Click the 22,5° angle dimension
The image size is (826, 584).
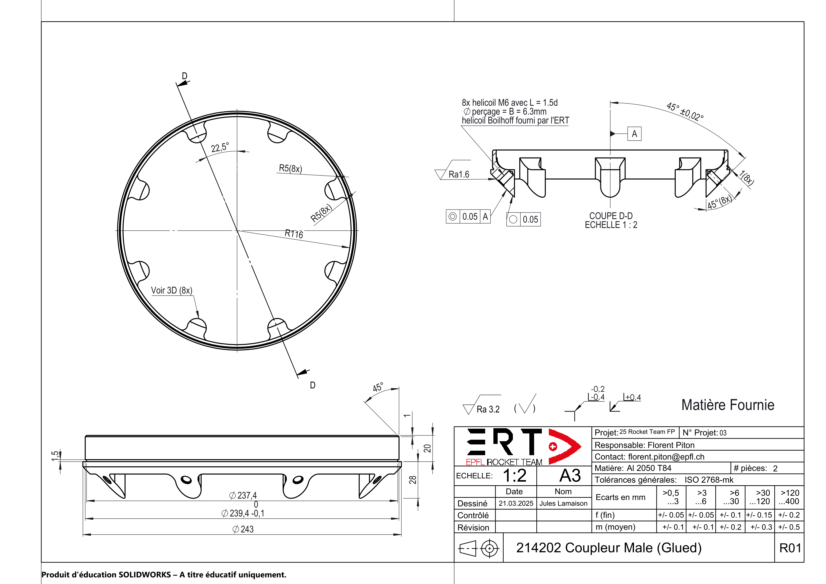pos(220,147)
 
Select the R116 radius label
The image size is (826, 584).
pos(294,234)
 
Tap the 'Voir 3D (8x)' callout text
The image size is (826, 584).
pos(172,290)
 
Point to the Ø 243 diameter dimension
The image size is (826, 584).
pos(243,529)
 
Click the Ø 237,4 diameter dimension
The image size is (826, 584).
pos(243,495)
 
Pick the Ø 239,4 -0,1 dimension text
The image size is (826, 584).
pos(243,513)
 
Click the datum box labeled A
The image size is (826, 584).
pos(634,134)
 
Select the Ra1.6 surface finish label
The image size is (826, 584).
pos(459,175)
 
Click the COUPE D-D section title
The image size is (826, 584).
pos(611,216)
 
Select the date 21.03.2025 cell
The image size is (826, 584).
pos(516,503)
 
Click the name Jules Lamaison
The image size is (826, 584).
pos(563,503)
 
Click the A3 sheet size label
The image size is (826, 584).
pos(570,476)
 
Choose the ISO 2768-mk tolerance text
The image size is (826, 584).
pos(709,480)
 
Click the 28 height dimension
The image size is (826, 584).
pos(413,480)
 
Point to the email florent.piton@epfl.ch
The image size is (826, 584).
pos(666,457)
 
